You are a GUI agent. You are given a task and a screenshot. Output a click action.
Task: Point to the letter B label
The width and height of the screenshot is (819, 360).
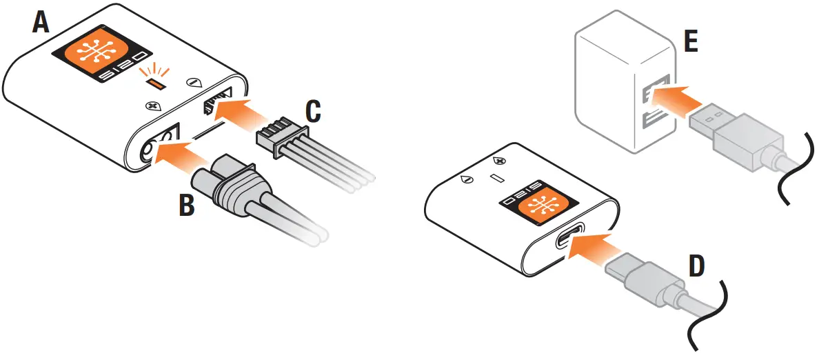[187, 205]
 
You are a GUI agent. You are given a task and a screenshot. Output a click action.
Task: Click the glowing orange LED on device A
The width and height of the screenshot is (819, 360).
[157, 84]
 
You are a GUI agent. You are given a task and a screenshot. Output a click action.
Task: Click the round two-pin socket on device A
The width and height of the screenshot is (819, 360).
[155, 147]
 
